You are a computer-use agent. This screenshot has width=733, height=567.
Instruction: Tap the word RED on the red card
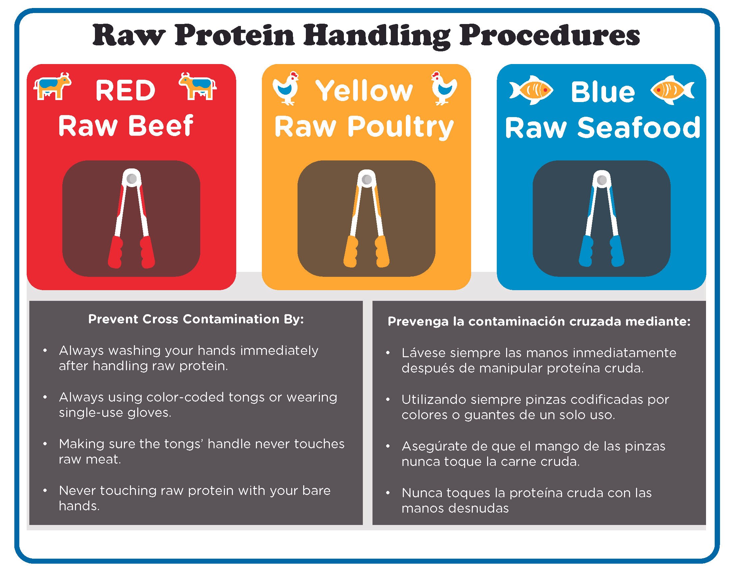(125, 91)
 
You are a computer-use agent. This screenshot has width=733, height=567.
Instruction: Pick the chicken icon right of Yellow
(444, 88)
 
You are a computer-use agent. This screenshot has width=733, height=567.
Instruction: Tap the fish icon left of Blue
(531, 90)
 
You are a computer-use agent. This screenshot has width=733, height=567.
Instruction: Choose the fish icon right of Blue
(672, 90)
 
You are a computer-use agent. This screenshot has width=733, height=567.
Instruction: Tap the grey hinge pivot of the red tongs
(132, 179)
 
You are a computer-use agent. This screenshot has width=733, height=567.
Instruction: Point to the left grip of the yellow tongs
(351, 251)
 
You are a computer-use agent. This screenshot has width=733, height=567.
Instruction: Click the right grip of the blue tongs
(616, 251)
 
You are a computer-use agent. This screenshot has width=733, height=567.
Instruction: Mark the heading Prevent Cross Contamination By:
(196, 319)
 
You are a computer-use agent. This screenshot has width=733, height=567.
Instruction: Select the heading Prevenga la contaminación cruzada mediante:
(539, 322)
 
